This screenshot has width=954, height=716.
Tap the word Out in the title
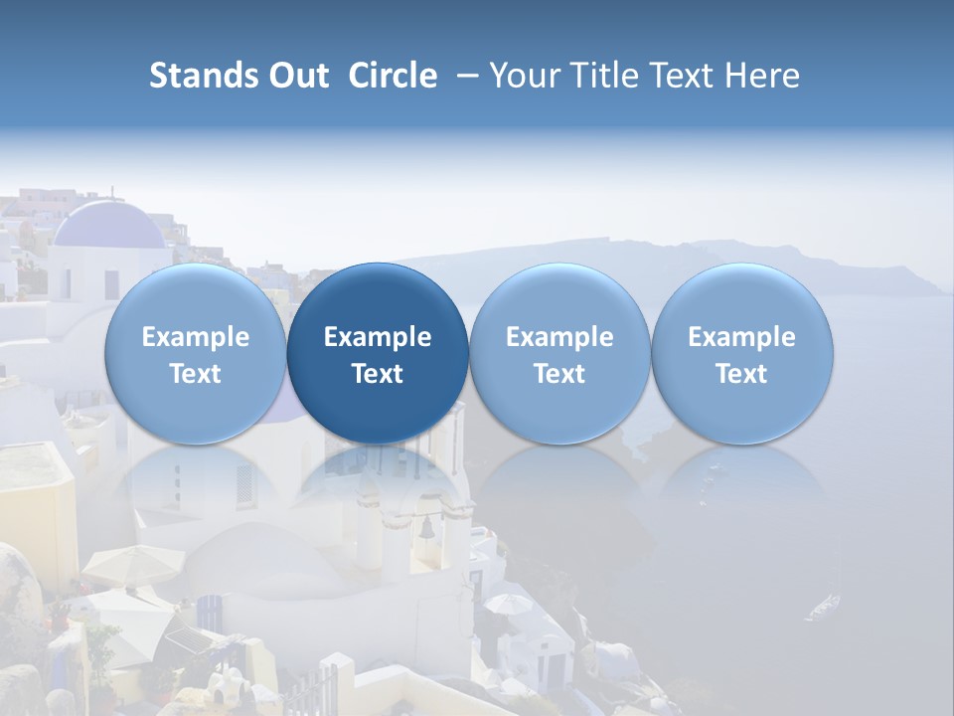tap(296, 76)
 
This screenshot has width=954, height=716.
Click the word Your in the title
tap(523, 76)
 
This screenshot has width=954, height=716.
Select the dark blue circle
tap(378, 353)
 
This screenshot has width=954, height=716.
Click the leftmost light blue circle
tap(196, 353)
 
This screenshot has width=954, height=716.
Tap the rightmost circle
tap(742, 353)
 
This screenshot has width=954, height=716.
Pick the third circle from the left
tap(559, 353)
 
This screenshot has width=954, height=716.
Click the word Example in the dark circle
tap(378, 337)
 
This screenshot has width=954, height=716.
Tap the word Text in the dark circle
tap(378, 374)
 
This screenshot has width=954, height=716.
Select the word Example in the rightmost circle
tap(742, 337)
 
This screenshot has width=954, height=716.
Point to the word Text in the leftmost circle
tap(196, 374)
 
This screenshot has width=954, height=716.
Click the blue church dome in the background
tap(107, 226)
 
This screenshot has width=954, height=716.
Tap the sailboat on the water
tap(823, 605)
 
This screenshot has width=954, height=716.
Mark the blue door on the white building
tap(211, 613)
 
